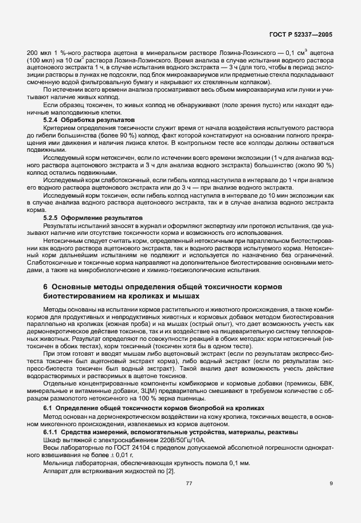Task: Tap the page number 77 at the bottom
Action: (x=189, y=483)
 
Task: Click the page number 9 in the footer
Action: (x=331, y=483)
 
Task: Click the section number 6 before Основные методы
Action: (x=46, y=286)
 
